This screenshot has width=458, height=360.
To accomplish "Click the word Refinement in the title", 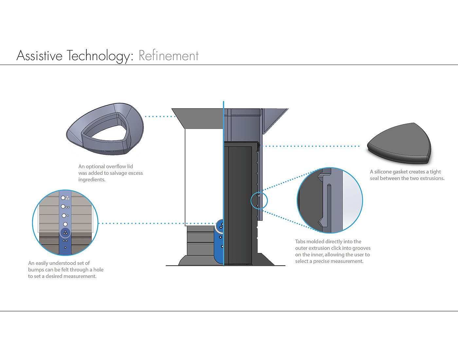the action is coord(168,56).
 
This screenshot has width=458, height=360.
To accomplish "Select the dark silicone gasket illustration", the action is coord(399,144).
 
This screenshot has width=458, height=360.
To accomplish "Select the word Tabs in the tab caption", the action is coord(300,242).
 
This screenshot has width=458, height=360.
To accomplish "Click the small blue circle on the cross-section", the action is coord(259,200).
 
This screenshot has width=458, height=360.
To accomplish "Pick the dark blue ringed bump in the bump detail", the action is coord(65,233).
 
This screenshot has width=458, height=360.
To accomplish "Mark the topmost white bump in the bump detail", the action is coord(63,198).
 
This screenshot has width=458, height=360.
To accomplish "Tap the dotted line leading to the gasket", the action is coord(311,146).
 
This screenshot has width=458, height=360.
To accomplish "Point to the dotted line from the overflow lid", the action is coord(160,117).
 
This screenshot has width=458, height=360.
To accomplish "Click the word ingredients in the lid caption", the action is coord(92,180).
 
